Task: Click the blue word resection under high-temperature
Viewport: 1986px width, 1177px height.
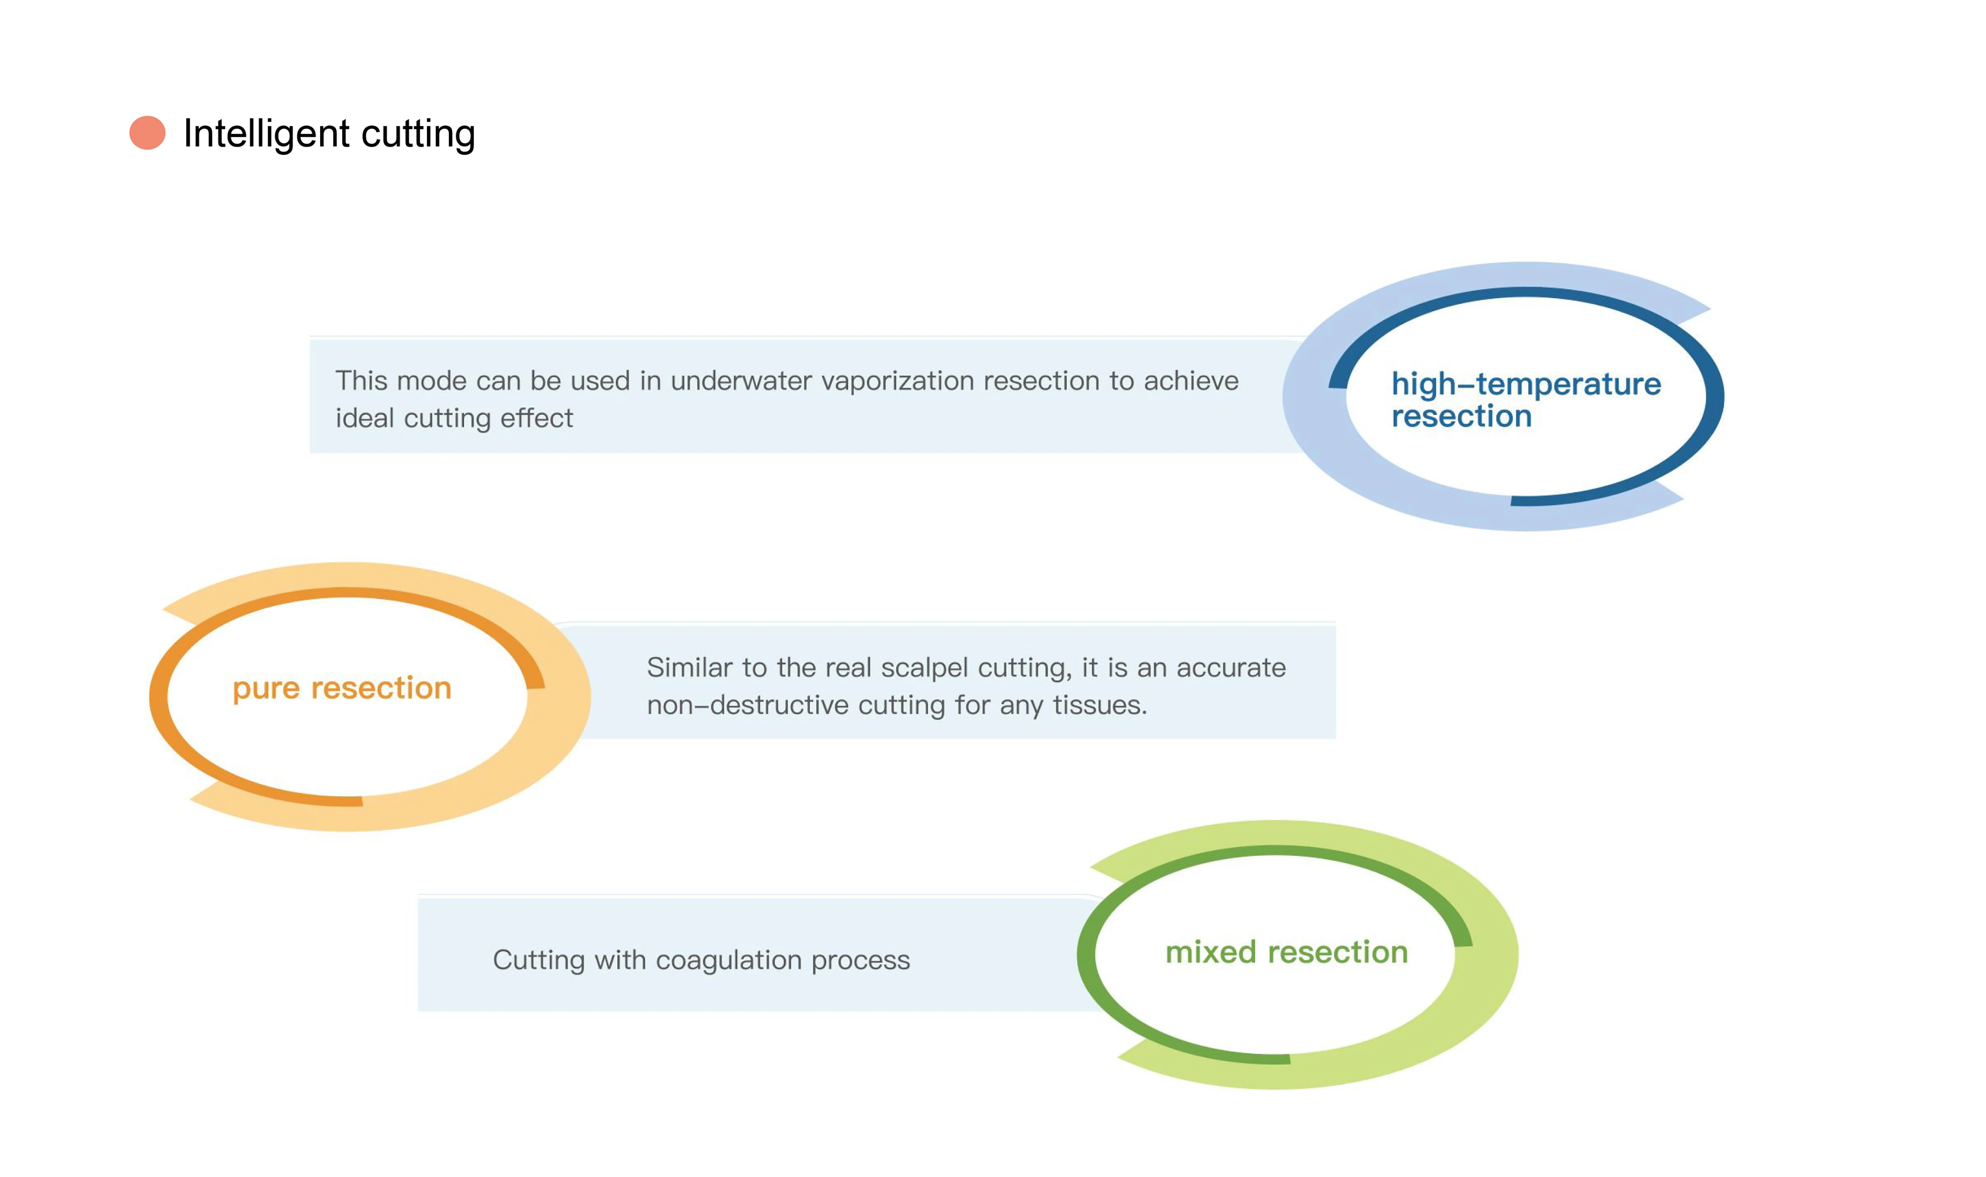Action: click(1461, 416)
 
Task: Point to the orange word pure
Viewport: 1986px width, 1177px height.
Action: click(266, 689)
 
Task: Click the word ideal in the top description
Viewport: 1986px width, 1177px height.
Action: click(364, 418)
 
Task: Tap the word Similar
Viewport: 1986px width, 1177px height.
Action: click(689, 668)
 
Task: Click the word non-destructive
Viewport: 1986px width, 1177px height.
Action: click(747, 705)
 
